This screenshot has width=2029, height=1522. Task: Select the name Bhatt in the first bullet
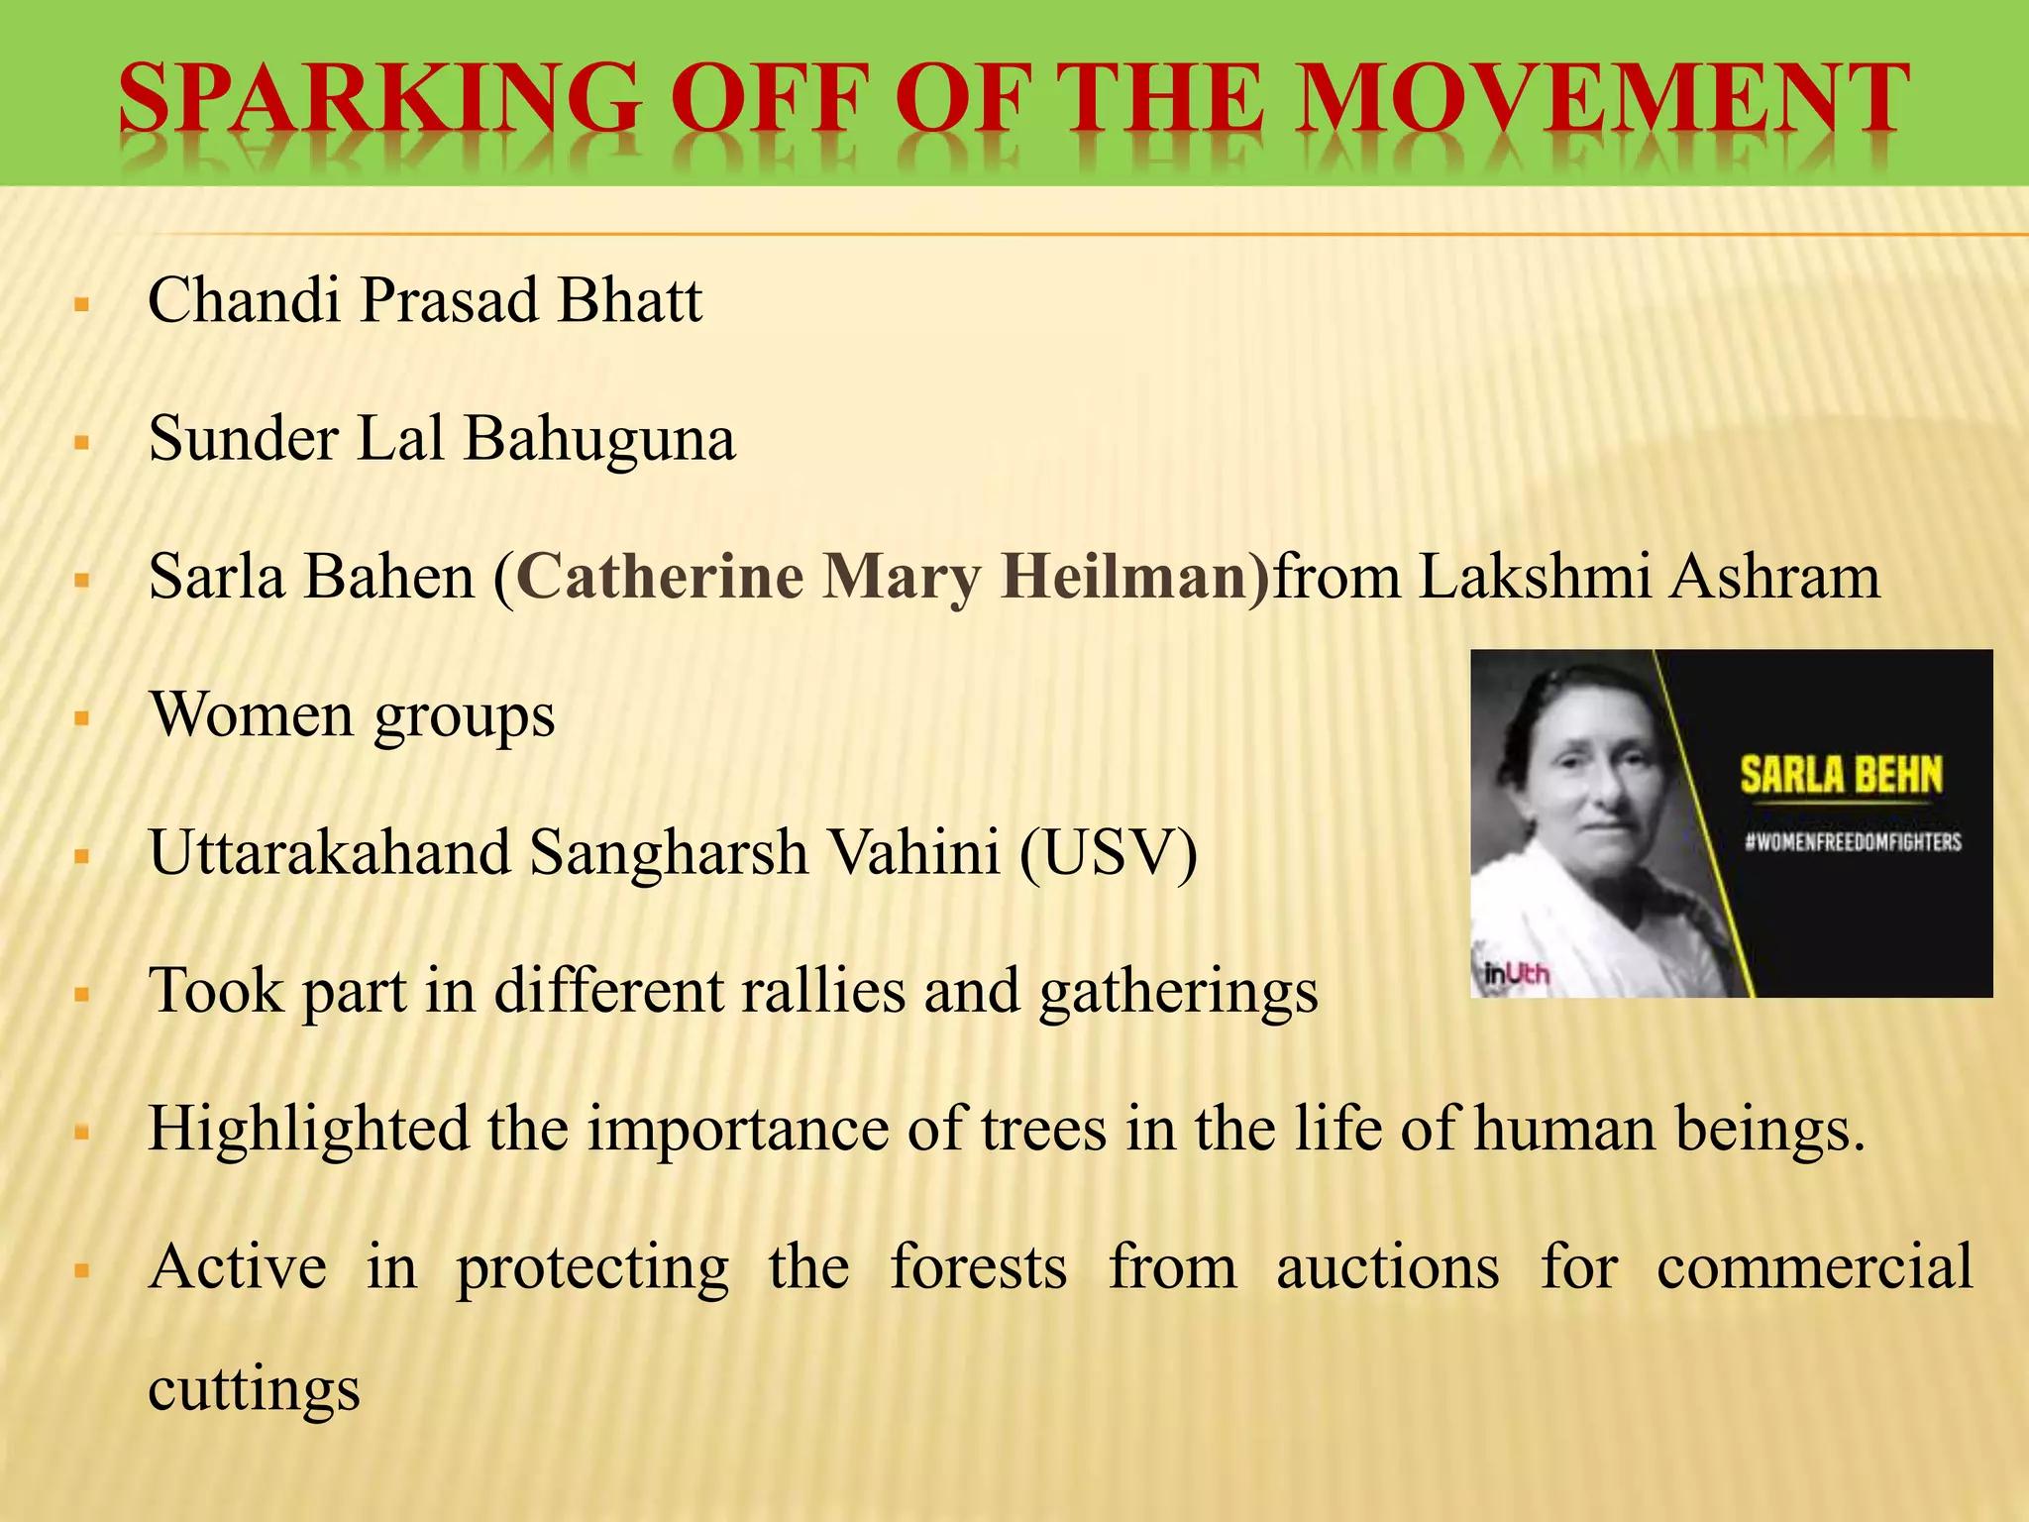click(x=629, y=300)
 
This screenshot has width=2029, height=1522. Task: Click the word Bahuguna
click(x=599, y=439)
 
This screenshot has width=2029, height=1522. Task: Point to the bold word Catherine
click(x=660, y=577)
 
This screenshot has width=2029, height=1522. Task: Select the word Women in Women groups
click(x=251, y=714)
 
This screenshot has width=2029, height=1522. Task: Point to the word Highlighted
click(x=308, y=1129)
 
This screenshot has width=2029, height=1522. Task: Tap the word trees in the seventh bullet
click(x=1043, y=1129)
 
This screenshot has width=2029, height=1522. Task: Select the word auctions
click(x=1387, y=1267)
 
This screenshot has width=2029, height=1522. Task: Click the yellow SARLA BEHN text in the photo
click(x=1841, y=776)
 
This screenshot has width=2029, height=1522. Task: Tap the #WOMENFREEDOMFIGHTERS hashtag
click(x=1853, y=842)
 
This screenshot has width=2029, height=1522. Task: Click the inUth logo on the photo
click(x=1517, y=974)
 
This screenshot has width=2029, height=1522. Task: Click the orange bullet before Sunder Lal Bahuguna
click(x=82, y=441)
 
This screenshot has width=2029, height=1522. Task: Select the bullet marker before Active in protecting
click(x=82, y=1269)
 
